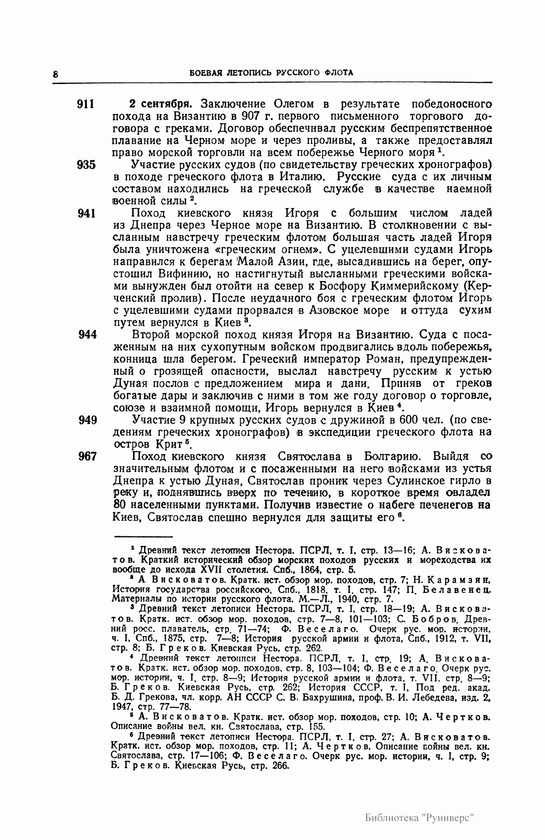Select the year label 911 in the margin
pos(86,104)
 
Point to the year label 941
pos(86,213)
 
